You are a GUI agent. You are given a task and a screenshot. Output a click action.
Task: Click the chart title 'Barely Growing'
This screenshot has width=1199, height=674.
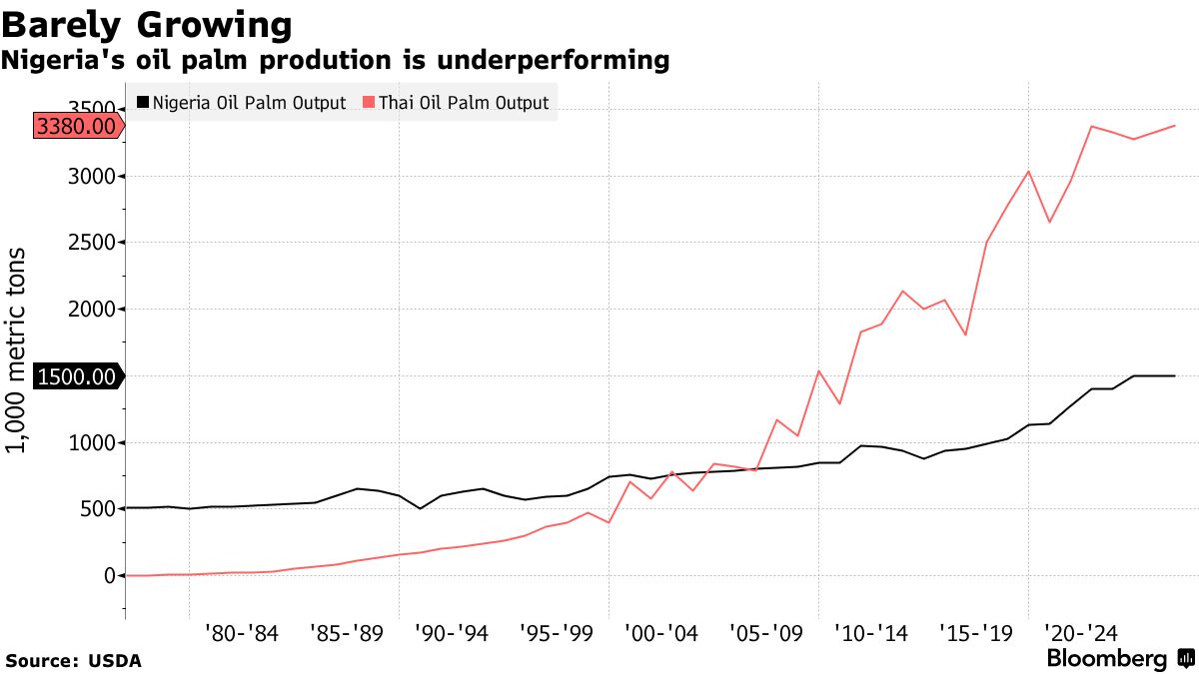[148, 23]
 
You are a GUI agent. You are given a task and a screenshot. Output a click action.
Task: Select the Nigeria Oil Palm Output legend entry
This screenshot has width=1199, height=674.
[241, 103]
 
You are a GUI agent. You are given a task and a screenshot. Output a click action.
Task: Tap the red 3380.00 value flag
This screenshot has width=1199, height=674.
[75, 126]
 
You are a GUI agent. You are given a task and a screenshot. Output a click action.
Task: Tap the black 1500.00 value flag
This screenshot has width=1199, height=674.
[75, 376]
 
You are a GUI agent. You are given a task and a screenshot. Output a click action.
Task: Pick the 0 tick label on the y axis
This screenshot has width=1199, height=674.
[110, 576]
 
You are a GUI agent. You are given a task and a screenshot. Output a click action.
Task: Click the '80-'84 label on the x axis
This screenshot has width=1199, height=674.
[241, 632]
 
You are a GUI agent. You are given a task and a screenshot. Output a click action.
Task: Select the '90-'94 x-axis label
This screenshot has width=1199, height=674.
[451, 632]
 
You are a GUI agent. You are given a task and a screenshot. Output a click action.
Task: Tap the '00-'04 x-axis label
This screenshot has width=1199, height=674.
[660, 632]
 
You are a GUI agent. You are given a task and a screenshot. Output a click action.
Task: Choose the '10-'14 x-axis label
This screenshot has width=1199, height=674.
[870, 632]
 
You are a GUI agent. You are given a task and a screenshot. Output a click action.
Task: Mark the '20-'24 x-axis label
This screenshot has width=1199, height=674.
[1080, 632]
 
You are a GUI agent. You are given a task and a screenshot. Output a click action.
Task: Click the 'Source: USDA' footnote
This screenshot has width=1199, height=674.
[73, 661]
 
